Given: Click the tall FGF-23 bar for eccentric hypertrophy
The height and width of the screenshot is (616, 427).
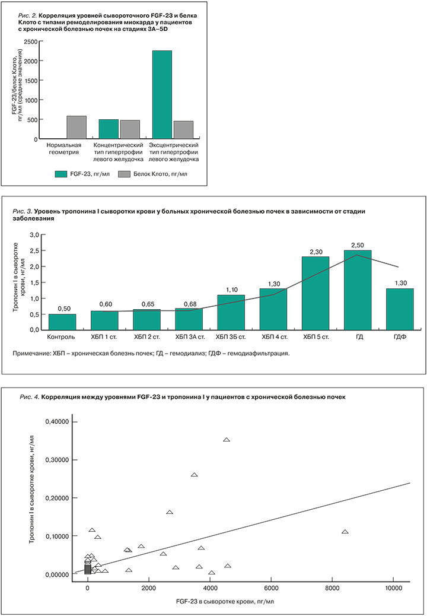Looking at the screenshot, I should (162, 95).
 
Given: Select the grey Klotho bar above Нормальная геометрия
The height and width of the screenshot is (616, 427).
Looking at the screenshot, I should (77, 128).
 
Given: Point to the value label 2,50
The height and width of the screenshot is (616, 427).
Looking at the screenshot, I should (358, 245).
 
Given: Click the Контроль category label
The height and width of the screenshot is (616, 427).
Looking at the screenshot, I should (62, 338).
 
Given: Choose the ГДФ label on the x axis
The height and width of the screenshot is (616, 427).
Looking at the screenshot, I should (400, 338).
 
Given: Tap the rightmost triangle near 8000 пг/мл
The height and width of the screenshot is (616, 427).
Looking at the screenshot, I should (345, 532).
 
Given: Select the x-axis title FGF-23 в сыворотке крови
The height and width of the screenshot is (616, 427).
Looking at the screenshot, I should (224, 601).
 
